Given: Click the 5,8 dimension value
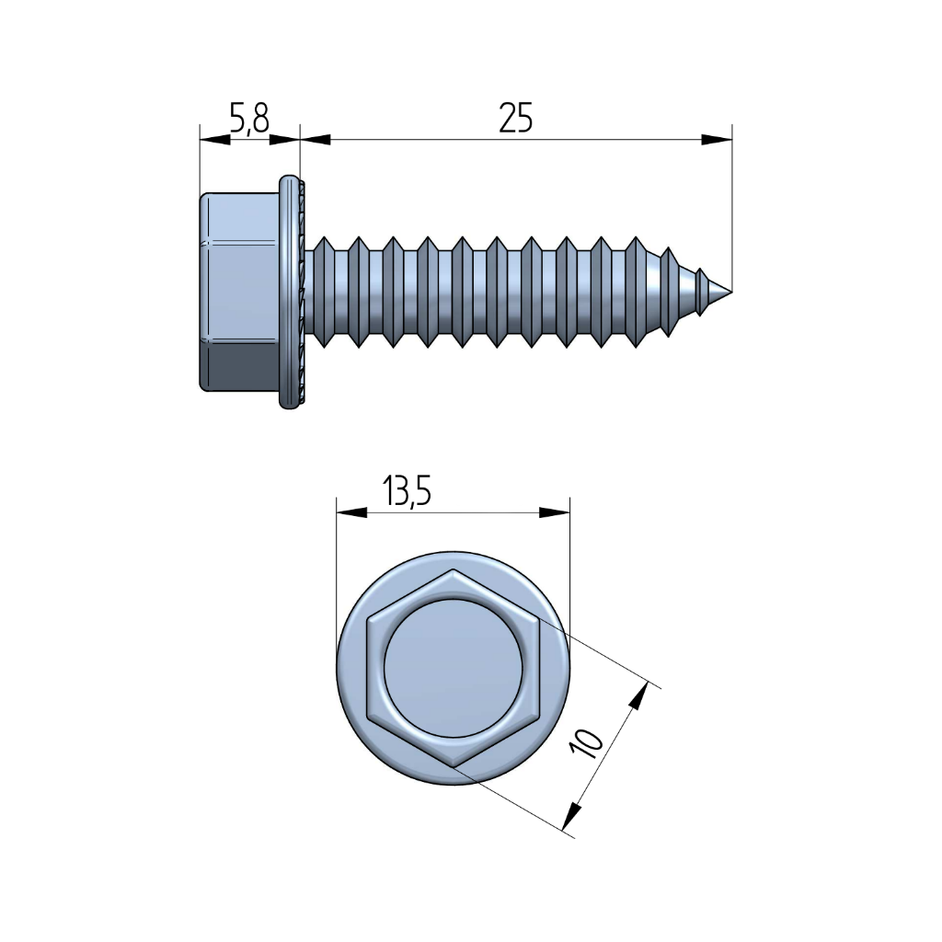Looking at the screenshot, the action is click(x=249, y=119).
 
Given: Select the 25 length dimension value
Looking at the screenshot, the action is click(x=515, y=118).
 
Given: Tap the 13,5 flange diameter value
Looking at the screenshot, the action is click(x=407, y=490).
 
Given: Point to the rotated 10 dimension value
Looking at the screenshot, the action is click(x=588, y=743).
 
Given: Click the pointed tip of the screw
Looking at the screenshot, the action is click(x=731, y=292).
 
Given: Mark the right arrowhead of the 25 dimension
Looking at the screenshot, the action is click(x=717, y=140).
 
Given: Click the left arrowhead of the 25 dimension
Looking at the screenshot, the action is click(x=316, y=140).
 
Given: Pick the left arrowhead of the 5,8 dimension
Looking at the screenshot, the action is click(x=215, y=140).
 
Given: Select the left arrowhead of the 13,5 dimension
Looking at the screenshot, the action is click(x=351, y=512).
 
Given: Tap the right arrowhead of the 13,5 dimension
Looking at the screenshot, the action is click(x=554, y=512).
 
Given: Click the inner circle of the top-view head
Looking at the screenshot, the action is click(x=453, y=668).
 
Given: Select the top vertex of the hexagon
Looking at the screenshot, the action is click(x=453, y=569).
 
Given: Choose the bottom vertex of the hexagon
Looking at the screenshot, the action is click(x=453, y=767).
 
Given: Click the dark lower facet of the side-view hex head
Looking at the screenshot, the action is click(x=240, y=366).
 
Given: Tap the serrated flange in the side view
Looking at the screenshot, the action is click(x=292, y=292).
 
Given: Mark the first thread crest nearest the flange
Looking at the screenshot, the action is click(x=324, y=292).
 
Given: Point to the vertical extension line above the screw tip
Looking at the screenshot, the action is click(x=732, y=207).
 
